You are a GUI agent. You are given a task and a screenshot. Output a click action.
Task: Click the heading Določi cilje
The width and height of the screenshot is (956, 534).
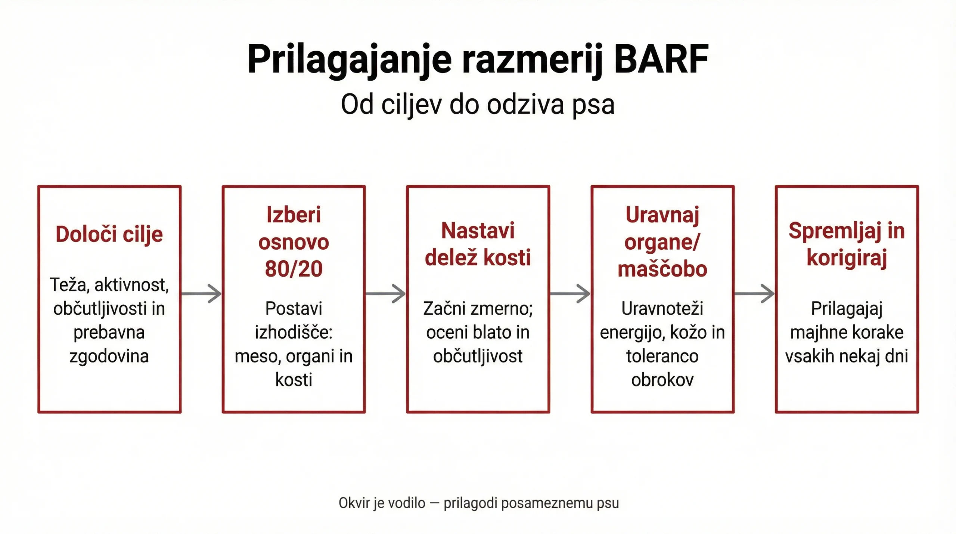tap(109, 234)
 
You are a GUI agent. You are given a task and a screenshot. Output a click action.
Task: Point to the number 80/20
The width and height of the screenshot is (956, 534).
tap(294, 269)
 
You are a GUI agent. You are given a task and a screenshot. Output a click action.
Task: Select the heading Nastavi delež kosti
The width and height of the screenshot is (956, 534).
tap(478, 244)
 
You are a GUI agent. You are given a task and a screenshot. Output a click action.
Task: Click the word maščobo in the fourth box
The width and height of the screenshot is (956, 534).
tap(662, 269)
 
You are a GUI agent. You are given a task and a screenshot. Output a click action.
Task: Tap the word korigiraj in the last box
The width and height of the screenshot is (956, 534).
tap(847, 257)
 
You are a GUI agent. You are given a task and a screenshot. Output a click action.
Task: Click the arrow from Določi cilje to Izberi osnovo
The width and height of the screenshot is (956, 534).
tap(201, 294)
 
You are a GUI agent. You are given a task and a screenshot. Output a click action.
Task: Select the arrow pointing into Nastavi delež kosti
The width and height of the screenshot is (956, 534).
tap(386, 294)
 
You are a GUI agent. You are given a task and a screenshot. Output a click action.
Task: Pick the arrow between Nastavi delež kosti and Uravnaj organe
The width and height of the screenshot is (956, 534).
tap(570, 294)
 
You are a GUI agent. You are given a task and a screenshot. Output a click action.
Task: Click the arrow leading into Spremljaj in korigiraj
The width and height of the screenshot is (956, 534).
tap(754, 294)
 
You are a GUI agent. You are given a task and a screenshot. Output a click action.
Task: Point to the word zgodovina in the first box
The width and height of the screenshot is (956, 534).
tap(109, 356)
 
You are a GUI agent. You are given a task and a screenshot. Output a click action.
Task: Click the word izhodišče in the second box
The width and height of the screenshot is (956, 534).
tap(294, 332)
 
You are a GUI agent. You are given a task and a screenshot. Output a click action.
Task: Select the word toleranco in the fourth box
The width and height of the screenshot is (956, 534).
tap(662, 356)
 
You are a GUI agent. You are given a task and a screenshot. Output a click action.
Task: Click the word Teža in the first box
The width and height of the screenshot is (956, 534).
tap(69, 285)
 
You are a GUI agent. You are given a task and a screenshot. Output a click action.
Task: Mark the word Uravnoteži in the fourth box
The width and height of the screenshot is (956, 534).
tap(662, 309)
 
